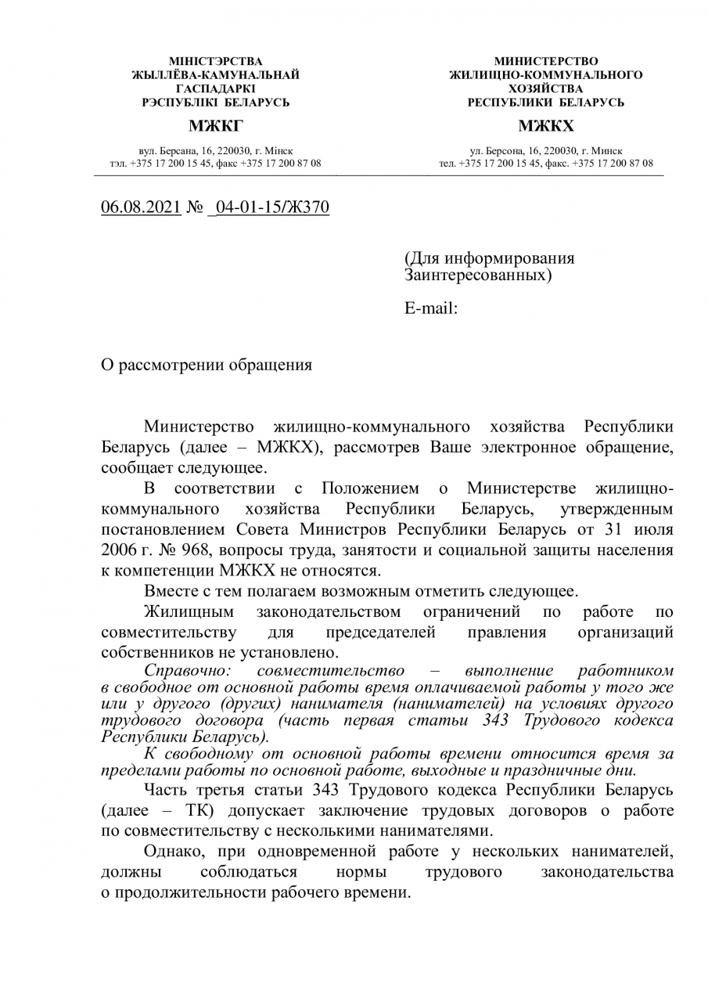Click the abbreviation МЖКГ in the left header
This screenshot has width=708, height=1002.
tap(215, 126)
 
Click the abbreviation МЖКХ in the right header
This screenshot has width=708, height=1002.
tap(545, 126)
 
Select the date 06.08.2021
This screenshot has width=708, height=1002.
tap(141, 207)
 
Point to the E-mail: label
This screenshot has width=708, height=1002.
tap(431, 308)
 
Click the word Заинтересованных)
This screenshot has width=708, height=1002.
tap(478, 276)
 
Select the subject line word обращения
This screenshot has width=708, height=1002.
tap(271, 365)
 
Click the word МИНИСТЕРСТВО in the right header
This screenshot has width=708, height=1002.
tap(546, 61)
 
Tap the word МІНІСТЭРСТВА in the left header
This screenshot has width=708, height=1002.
tap(216, 61)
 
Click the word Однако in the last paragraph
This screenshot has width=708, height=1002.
tap(173, 852)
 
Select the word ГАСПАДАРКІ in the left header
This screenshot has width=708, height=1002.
tap(216, 88)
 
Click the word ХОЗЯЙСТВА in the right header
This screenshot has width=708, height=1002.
tap(546, 88)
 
